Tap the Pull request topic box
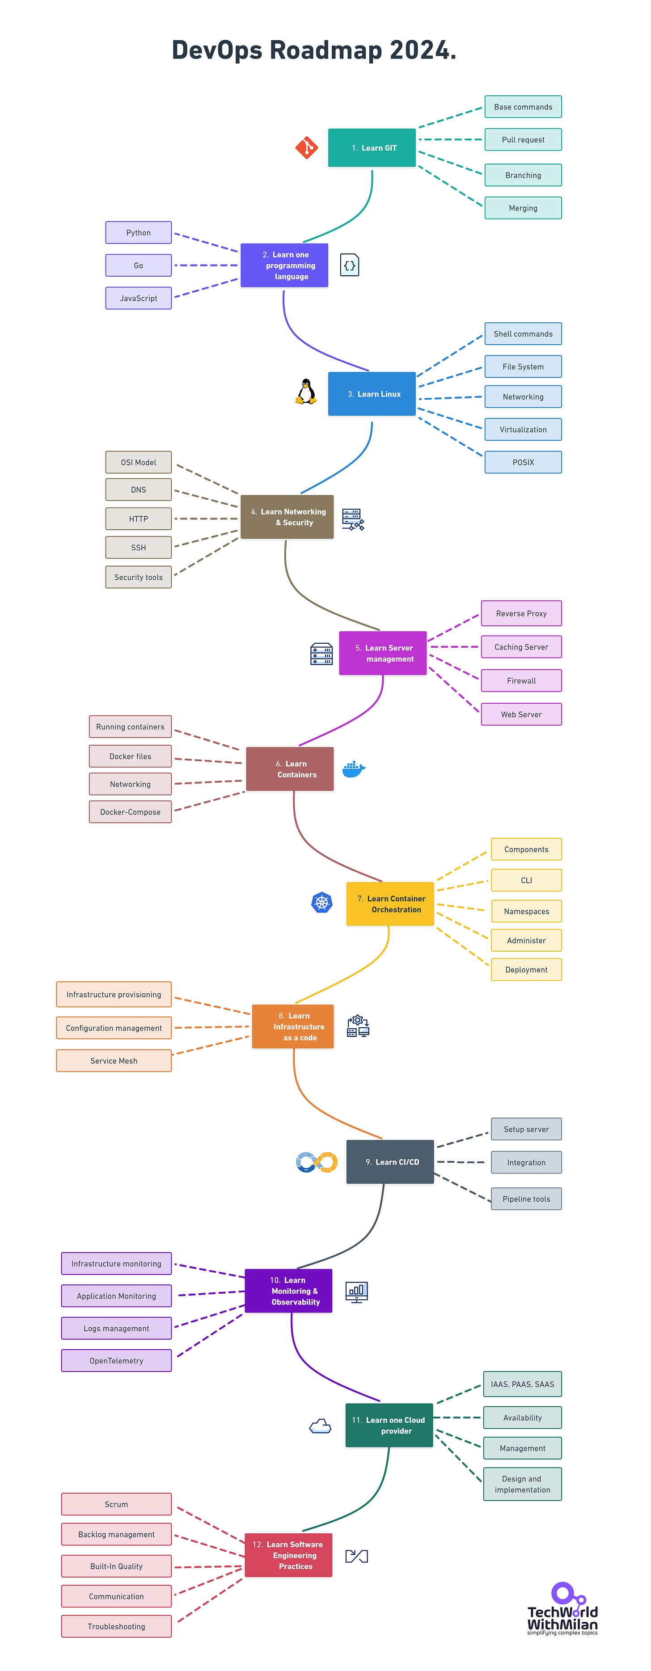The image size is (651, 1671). pos(523,139)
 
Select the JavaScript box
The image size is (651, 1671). pos(138,299)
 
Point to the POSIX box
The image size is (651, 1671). pos(523,463)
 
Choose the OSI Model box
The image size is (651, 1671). pos(138,463)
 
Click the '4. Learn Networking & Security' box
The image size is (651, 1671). pos(287,517)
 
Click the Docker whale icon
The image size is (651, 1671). pos(353,769)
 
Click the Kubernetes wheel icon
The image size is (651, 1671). pos(322,902)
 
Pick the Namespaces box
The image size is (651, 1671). pos(526,911)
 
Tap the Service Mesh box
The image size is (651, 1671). pos(114,1061)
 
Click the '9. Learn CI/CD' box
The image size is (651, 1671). pos(389,1162)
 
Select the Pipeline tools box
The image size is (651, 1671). pos(526,1199)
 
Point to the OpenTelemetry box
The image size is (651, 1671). pos(116,1360)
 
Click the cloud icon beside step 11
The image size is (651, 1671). pos(320,1425)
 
